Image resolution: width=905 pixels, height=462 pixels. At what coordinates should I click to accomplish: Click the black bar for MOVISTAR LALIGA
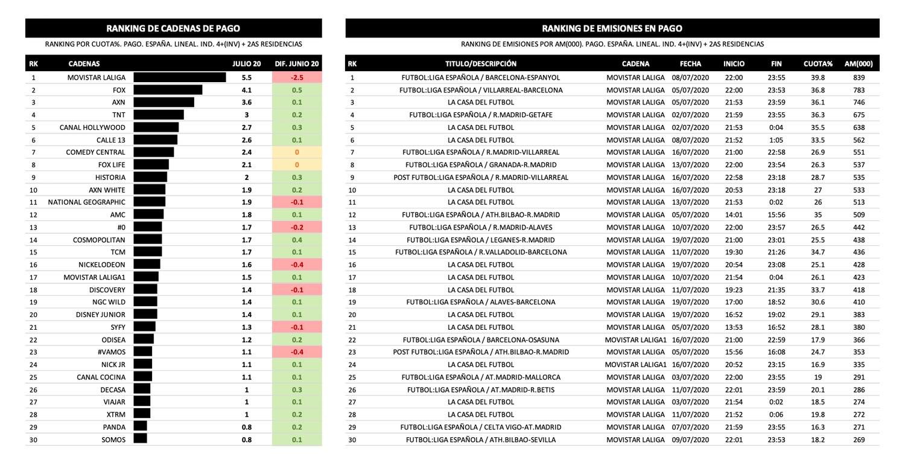click(179, 77)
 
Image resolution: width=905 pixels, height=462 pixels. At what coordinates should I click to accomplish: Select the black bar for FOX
click(168, 90)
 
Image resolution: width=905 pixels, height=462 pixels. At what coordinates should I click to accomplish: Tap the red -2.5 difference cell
click(297, 77)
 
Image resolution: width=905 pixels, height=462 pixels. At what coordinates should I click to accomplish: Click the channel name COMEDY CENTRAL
click(95, 152)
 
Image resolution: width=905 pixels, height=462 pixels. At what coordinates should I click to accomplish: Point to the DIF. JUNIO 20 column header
click(297, 63)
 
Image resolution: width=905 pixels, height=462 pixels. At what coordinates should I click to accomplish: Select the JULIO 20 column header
click(247, 63)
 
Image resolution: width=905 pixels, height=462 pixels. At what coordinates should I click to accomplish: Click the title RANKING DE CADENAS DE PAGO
click(173, 28)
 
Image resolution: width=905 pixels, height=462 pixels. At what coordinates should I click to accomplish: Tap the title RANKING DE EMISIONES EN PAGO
click(612, 28)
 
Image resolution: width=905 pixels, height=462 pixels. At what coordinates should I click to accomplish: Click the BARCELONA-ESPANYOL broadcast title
click(480, 77)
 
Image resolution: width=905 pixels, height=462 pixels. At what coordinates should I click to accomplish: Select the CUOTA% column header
click(818, 63)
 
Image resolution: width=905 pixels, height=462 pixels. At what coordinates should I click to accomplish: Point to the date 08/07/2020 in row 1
click(690, 77)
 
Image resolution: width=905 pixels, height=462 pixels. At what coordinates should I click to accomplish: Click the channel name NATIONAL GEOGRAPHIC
click(87, 202)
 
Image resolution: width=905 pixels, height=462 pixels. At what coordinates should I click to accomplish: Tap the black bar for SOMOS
click(140, 440)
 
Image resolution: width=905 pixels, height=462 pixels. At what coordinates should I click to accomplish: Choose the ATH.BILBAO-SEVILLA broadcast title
click(481, 440)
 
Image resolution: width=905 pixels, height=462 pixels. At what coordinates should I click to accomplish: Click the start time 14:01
click(734, 214)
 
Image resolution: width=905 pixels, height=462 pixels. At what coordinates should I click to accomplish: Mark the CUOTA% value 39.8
click(818, 77)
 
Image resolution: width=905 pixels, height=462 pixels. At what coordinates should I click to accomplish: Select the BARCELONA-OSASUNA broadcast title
click(481, 339)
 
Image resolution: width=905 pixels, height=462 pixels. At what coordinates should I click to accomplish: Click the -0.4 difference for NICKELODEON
click(297, 265)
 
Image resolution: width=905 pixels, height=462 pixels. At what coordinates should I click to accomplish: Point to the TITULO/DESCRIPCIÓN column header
click(481, 63)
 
